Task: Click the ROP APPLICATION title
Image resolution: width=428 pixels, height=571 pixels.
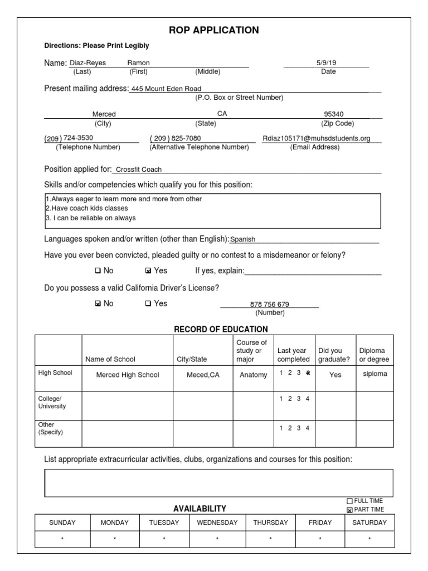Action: (x=215, y=30)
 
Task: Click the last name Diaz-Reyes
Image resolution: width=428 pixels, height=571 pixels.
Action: (x=87, y=63)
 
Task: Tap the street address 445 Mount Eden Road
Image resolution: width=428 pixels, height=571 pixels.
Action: (x=166, y=89)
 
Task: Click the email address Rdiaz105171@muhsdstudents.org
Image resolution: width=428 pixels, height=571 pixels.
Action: (x=317, y=138)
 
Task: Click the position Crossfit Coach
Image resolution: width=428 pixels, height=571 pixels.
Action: (x=139, y=170)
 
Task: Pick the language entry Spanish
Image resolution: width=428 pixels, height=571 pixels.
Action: (x=243, y=239)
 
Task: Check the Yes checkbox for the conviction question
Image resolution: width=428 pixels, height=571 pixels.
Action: (x=148, y=271)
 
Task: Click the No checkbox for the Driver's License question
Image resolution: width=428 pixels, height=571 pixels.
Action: (x=98, y=304)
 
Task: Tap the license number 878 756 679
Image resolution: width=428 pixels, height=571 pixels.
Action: (x=270, y=304)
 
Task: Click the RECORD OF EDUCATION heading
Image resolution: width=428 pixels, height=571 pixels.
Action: (x=221, y=330)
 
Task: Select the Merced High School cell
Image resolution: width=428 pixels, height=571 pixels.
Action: (x=128, y=375)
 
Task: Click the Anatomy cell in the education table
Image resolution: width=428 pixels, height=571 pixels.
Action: (x=254, y=375)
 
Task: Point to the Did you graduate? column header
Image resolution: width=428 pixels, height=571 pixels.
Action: (x=334, y=355)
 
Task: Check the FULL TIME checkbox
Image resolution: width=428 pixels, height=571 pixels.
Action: (x=350, y=501)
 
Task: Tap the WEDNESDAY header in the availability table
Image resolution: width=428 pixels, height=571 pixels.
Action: (x=217, y=522)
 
